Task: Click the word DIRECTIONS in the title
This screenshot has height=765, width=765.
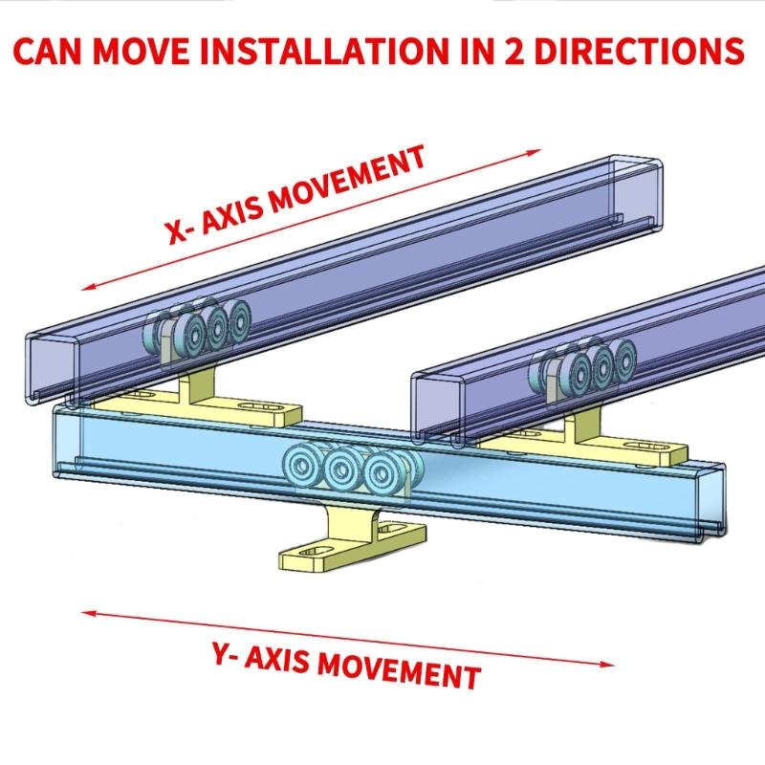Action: [641, 51]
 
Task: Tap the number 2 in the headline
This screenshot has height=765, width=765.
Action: [517, 51]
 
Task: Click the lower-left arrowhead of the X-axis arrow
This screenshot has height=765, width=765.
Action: [86, 288]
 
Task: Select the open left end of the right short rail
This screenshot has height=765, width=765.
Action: [435, 406]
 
